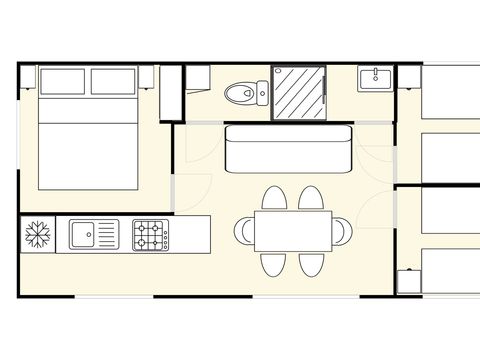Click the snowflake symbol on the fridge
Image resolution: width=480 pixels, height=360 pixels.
tap(38, 235)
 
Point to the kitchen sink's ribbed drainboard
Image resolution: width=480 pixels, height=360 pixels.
tap(107, 235)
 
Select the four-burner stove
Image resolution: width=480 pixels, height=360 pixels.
tap(151, 235)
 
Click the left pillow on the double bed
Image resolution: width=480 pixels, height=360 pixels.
tap(62, 80)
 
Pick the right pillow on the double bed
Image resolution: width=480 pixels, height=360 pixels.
tap(114, 80)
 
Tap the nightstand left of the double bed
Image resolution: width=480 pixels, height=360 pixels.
tap(27, 76)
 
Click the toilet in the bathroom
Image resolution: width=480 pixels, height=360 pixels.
tap(240, 93)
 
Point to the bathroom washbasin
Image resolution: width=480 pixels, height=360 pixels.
tap(376, 78)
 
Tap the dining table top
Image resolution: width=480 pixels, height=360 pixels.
tap(292, 231)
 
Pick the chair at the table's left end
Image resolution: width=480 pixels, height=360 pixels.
tap(245, 231)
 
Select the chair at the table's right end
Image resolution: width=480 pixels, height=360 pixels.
tap(341, 231)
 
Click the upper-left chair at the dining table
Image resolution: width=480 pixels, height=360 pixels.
tap(274, 198)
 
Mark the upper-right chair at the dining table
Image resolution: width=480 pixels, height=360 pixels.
tap(311, 198)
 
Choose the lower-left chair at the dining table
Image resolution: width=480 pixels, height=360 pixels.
tap(274, 264)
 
